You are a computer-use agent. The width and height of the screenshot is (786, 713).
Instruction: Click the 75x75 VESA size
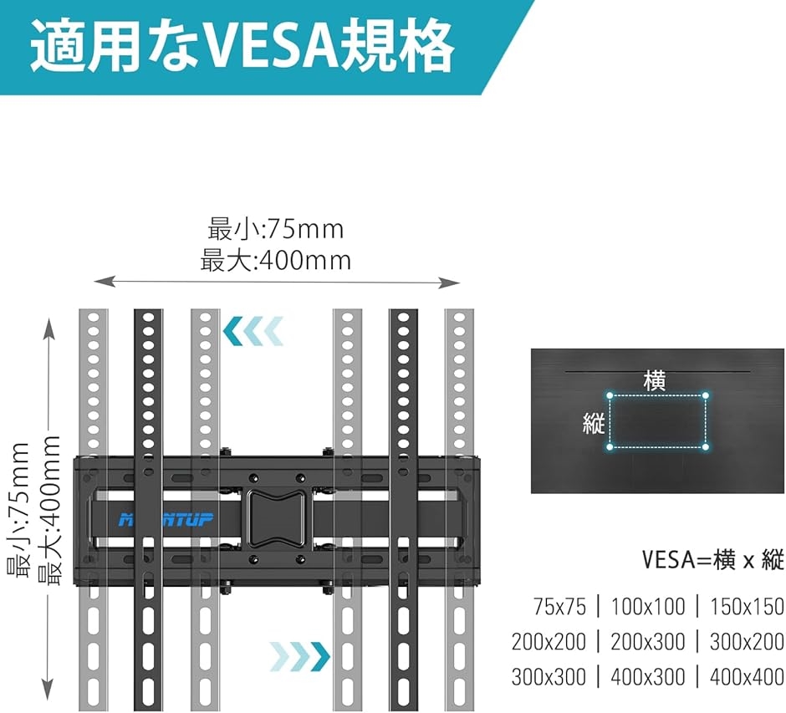(x=559, y=607)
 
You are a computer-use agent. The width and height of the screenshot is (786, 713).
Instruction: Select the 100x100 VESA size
(x=648, y=607)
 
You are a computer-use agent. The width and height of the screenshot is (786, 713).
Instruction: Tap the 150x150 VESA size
(x=747, y=607)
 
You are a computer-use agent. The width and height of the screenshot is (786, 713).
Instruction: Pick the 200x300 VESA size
(x=648, y=642)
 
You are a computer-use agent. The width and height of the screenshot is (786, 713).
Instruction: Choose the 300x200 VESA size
(x=747, y=642)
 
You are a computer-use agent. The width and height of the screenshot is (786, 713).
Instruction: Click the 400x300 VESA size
(x=648, y=677)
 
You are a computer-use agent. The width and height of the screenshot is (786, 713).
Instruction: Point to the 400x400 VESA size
(x=747, y=677)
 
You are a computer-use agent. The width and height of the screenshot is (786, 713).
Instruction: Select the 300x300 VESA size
(x=549, y=677)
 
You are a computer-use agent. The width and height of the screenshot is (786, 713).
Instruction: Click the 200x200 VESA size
(x=549, y=642)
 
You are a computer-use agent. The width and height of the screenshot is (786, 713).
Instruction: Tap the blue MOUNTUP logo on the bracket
(x=166, y=520)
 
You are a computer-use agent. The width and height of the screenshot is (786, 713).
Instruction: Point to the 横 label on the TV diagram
(x=655, y=382)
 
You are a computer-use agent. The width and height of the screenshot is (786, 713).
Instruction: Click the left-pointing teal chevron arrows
(x=253, y=331)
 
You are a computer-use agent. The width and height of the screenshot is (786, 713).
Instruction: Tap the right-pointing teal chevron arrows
(x=299, y=656)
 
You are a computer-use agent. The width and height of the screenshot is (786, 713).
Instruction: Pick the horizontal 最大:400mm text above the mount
(x=276, y=261)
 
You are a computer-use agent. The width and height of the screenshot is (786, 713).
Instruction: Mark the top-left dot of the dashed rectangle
(x=610, y=395)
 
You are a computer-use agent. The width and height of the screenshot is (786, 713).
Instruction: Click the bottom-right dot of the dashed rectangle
(x=705, y=446)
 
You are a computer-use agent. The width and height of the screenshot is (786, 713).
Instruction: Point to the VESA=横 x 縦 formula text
(x=713, y=560)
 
